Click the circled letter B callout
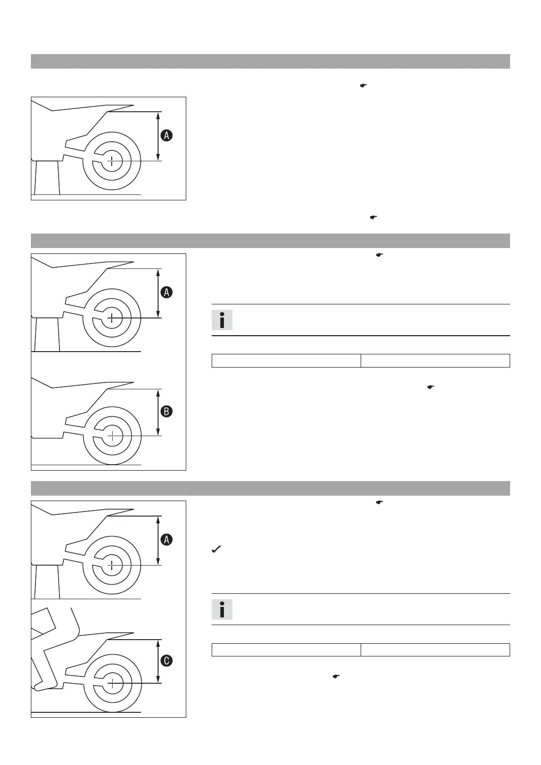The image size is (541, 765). click(x=167, y=412)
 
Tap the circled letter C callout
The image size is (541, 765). click(x=167, y=661)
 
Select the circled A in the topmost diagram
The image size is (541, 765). click(x=167, y=135)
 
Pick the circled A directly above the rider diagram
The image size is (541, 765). click(x=167, y=540)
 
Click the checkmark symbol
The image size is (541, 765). click(x=216, y=550)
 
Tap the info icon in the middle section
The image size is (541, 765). click(x=222, y=320)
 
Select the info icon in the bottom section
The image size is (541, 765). click(x=222, y=609)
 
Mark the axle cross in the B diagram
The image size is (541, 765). click(x=112, y=436)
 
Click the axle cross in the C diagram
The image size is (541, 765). click(x=112, y=683)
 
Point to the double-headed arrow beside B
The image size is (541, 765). click(x=158, y=412)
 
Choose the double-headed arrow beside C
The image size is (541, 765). click(x=158, y=661)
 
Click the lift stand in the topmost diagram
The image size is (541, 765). click(x=47, y=178)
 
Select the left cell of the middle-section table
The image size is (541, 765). click(x=286, y=361)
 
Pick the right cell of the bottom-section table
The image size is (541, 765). click(x=435, y=650)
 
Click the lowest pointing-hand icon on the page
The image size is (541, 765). click(x=337, y=676)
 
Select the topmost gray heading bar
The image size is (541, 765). click(x=270, y=61)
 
